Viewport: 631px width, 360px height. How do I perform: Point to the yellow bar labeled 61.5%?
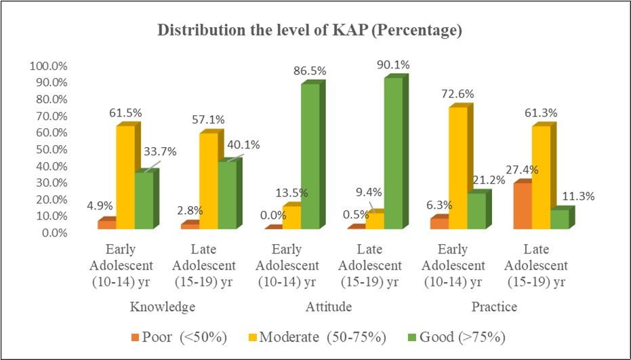124,177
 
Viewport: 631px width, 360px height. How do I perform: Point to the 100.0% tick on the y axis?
47,66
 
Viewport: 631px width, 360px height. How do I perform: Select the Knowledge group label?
163,307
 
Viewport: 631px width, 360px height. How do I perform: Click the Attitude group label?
329,307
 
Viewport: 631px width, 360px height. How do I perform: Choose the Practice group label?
494,307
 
